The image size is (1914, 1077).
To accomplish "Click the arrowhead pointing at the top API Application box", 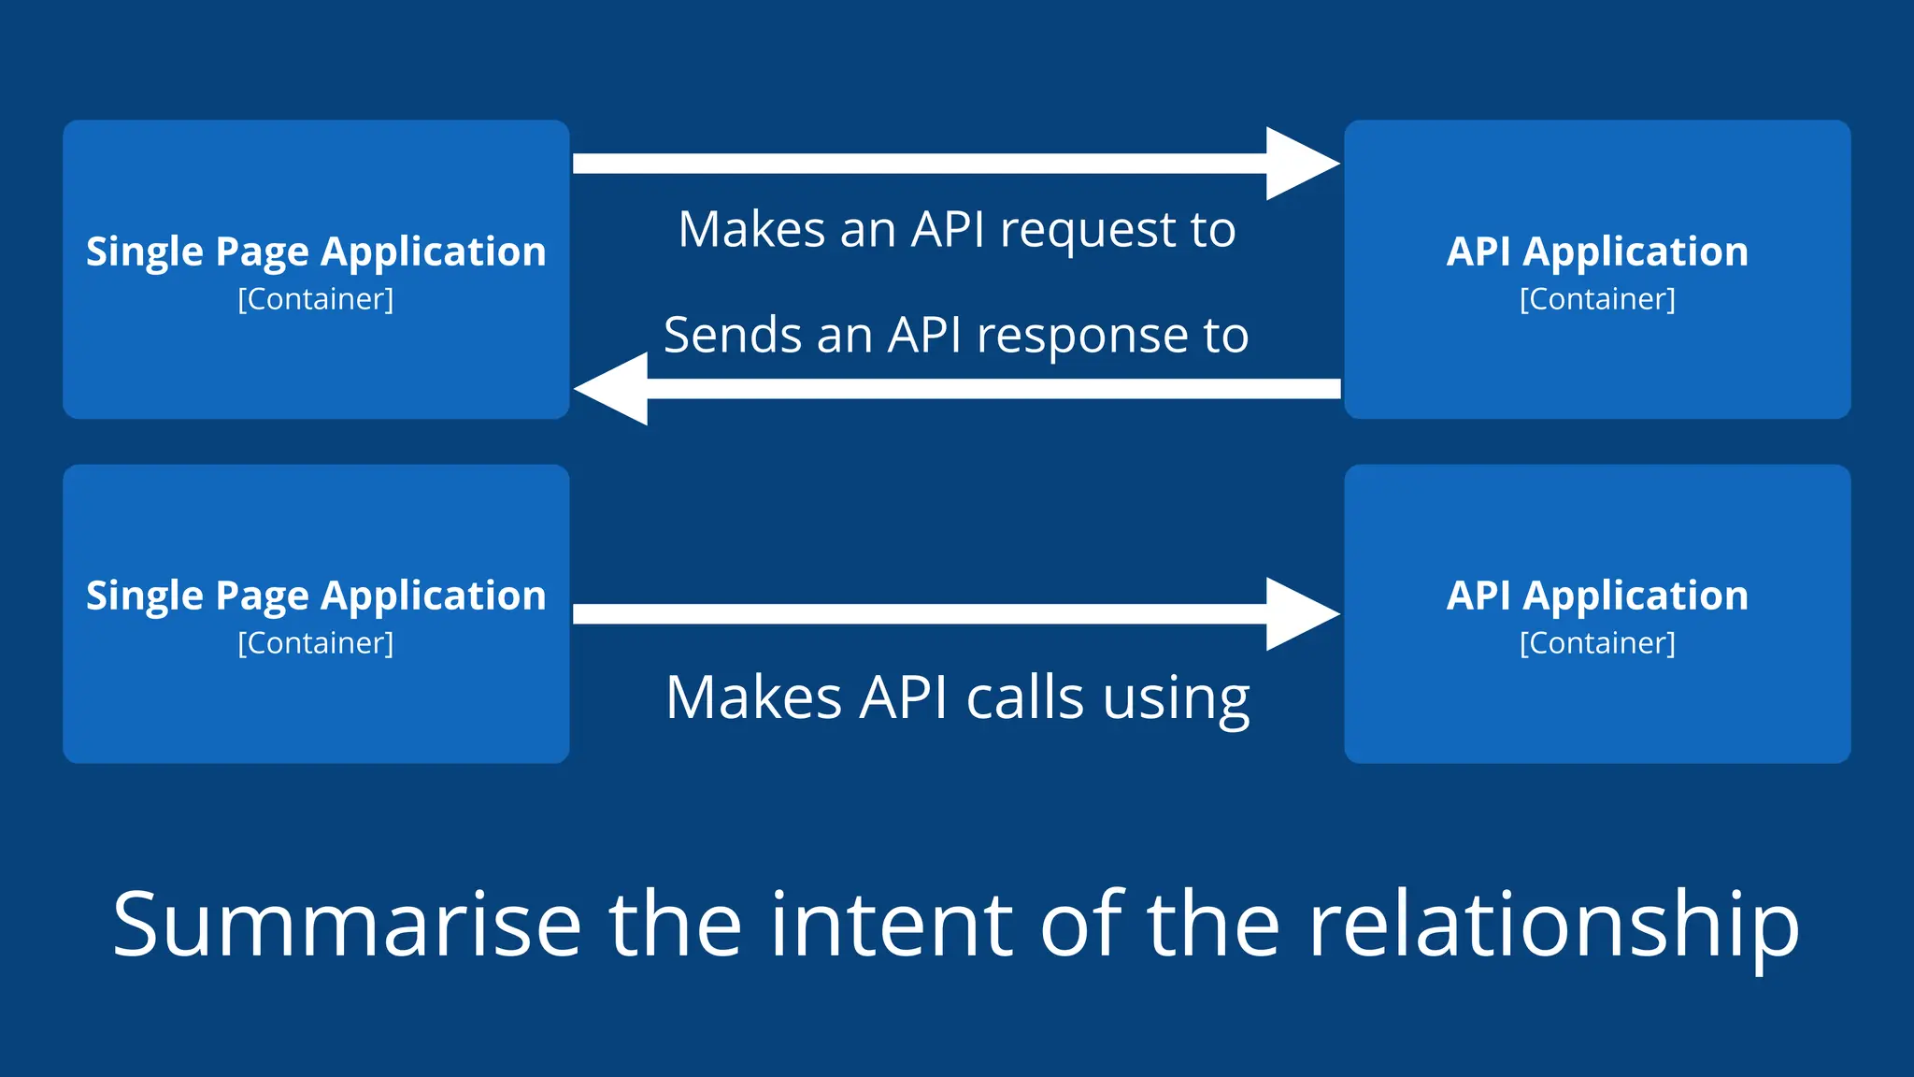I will point(1299,164).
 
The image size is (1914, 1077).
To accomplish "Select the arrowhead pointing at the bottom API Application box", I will point(1299,614).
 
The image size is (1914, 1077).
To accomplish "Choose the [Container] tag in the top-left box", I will point(316,299).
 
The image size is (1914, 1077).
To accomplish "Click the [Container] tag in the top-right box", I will point(1597,299).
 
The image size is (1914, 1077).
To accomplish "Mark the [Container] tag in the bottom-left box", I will point(316,643).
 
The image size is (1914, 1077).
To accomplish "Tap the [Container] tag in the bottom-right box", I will point(1597,643).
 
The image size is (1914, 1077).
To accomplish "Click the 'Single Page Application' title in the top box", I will point(316,252).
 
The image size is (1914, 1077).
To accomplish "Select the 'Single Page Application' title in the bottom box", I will point(316,596).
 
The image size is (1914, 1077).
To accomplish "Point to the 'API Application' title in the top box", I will point(1597,252).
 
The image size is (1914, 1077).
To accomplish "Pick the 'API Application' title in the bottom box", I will point(1597,596).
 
